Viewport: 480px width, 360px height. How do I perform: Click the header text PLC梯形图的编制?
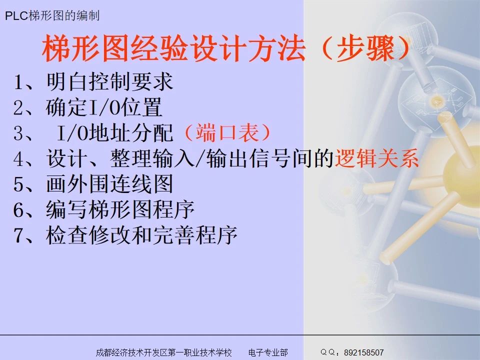52,16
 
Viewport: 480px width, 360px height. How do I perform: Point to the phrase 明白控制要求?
109,81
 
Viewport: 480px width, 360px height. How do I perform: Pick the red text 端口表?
227,133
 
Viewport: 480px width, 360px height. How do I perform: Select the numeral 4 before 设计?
19,159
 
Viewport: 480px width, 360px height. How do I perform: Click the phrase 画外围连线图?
109,185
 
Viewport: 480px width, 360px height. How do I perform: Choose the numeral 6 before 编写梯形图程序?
19,210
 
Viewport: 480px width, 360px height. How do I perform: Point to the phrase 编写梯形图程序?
120,210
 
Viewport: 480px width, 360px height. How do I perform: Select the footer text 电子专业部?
268,352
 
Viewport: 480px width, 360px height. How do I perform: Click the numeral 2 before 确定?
19,108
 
